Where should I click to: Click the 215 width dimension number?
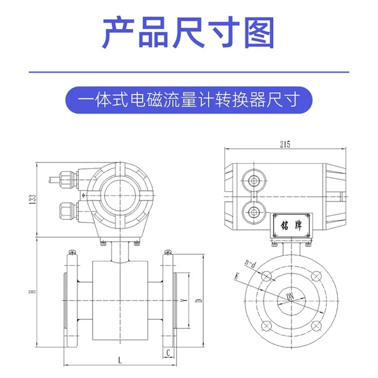(285, 144)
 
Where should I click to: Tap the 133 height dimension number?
(33, 199)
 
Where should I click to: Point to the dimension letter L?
(120, 361)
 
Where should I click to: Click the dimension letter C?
(169, 352)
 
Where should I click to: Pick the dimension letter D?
(198, 301)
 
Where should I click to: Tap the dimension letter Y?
(184, 301)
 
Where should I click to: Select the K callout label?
(237, 276)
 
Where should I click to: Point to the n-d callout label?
(250, 264)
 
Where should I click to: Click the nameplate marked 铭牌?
(291, 225)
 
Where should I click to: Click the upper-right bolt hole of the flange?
(316, 276)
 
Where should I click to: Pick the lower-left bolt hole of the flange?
(266, 326)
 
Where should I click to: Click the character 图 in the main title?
(259, 32)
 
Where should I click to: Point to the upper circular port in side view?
(253, 180)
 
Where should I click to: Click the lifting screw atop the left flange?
(72, 252)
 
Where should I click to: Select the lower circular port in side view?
(253, 212)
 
